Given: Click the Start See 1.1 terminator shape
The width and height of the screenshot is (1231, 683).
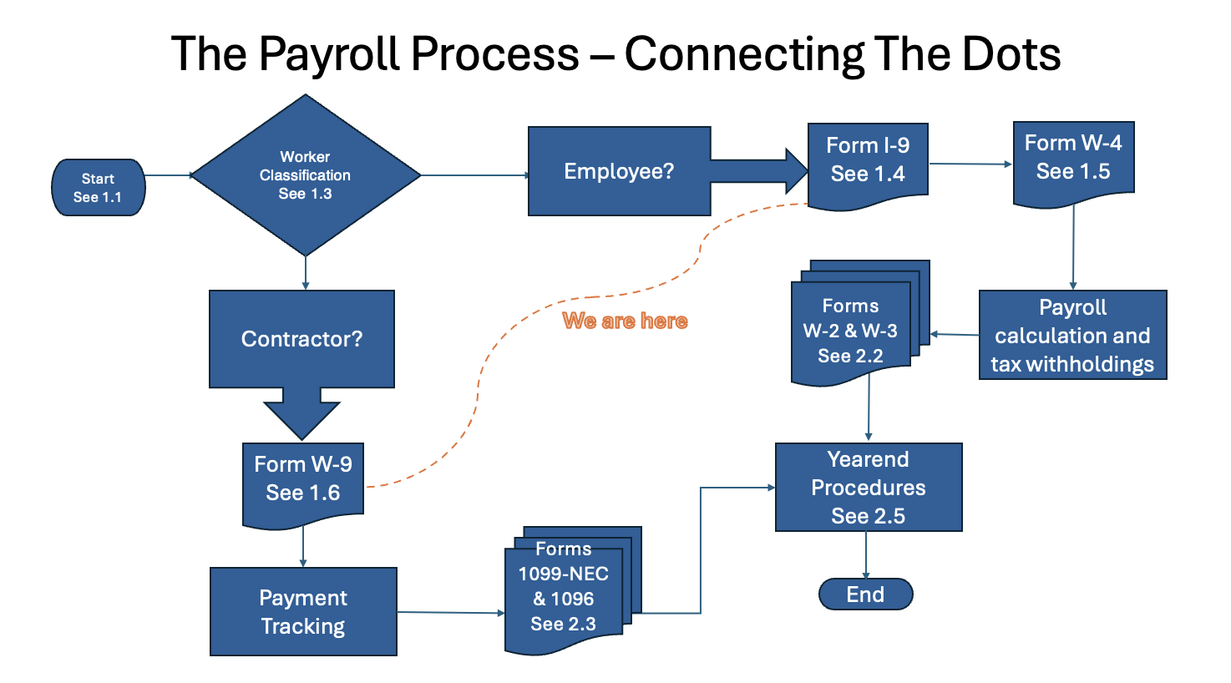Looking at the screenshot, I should click(x=98, y=188).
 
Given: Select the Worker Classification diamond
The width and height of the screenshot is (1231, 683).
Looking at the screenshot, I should click(x=306, y=175).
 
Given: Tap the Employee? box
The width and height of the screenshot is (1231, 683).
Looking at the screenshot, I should click(x=619, y=171).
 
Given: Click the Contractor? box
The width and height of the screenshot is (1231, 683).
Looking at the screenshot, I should click(x=301, y=339).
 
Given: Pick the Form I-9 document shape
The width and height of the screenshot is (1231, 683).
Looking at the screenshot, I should click(x=868, y=160).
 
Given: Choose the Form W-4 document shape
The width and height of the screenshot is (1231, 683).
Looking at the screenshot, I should click(x=1073, y=159).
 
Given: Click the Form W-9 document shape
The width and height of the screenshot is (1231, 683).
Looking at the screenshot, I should click(x=303, y=479).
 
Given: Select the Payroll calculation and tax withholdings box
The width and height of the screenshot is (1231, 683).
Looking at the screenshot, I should click(x=1072, y=336).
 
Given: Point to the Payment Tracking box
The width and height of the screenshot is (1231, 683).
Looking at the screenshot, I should click(x=303, y=612).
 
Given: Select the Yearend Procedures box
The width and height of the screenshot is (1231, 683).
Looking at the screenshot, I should click(x=869, y=488).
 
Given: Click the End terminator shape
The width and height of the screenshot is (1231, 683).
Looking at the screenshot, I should click(x=865, y=594).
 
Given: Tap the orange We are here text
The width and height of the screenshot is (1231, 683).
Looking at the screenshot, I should click(x=625, y=321).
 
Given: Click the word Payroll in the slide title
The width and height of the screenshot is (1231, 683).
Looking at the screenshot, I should click(x=334, y=54).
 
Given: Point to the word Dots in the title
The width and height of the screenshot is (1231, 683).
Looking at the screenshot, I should click(x=1011, y=54).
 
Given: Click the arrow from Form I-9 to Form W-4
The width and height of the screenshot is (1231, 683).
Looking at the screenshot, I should click(x=970, y=164).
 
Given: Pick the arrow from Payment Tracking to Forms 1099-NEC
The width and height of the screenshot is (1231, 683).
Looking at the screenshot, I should click(x=451, y=613).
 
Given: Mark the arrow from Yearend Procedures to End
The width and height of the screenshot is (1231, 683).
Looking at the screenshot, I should click(x=866, y=554).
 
